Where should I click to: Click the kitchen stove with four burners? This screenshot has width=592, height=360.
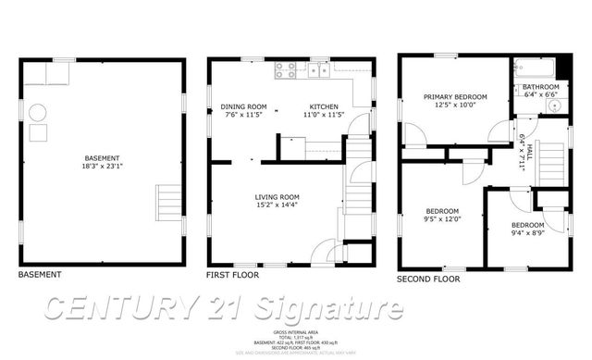tap(284, 68)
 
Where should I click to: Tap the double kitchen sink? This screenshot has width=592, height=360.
tap(317, 69)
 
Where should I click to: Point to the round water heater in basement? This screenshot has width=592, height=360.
tap(38, 113)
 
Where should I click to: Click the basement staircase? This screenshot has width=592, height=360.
tap(169, 200)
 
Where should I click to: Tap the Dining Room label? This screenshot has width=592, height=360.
tap(243, 106)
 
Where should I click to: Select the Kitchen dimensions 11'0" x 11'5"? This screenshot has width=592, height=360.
tap(325, 116)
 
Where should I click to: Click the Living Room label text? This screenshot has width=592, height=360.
tap(277, 196)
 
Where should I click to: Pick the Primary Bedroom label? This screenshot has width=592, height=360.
tap(454, 97)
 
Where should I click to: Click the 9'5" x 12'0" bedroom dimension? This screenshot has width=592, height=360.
tap(440, 220)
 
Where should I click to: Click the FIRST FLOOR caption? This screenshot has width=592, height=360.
tap(233, 275)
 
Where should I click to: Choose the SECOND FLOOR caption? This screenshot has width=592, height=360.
tap(428, 278)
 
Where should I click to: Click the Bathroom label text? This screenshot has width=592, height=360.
tap(541, 86)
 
